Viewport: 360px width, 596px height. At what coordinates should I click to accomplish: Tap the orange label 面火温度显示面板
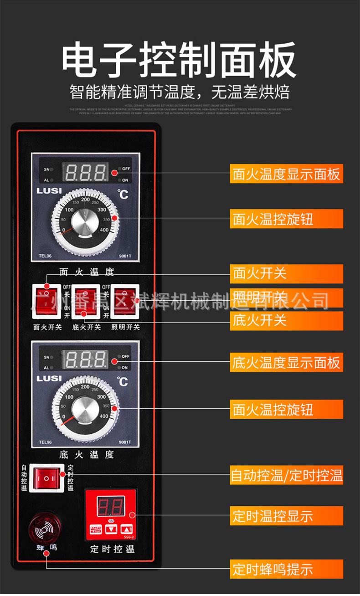[x=286, y=174]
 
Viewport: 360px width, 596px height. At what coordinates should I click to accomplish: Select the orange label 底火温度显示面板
[x=286, y=363]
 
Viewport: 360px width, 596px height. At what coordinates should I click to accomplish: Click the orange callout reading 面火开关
[x=286, y=273]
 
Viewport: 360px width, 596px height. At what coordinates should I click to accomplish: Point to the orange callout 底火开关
[x=286, y=320]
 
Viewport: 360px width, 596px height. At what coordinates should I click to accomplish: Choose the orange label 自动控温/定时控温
[x=286, y=476]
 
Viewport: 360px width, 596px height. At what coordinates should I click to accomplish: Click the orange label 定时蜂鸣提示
[x=286, y=569]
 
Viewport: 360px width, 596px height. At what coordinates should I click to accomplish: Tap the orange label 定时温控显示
[x=286, y=516]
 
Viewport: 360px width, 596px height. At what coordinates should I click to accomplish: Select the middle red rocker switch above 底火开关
[x=87, y=299]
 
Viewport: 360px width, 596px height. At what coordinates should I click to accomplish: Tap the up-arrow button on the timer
[x=126, y=529]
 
